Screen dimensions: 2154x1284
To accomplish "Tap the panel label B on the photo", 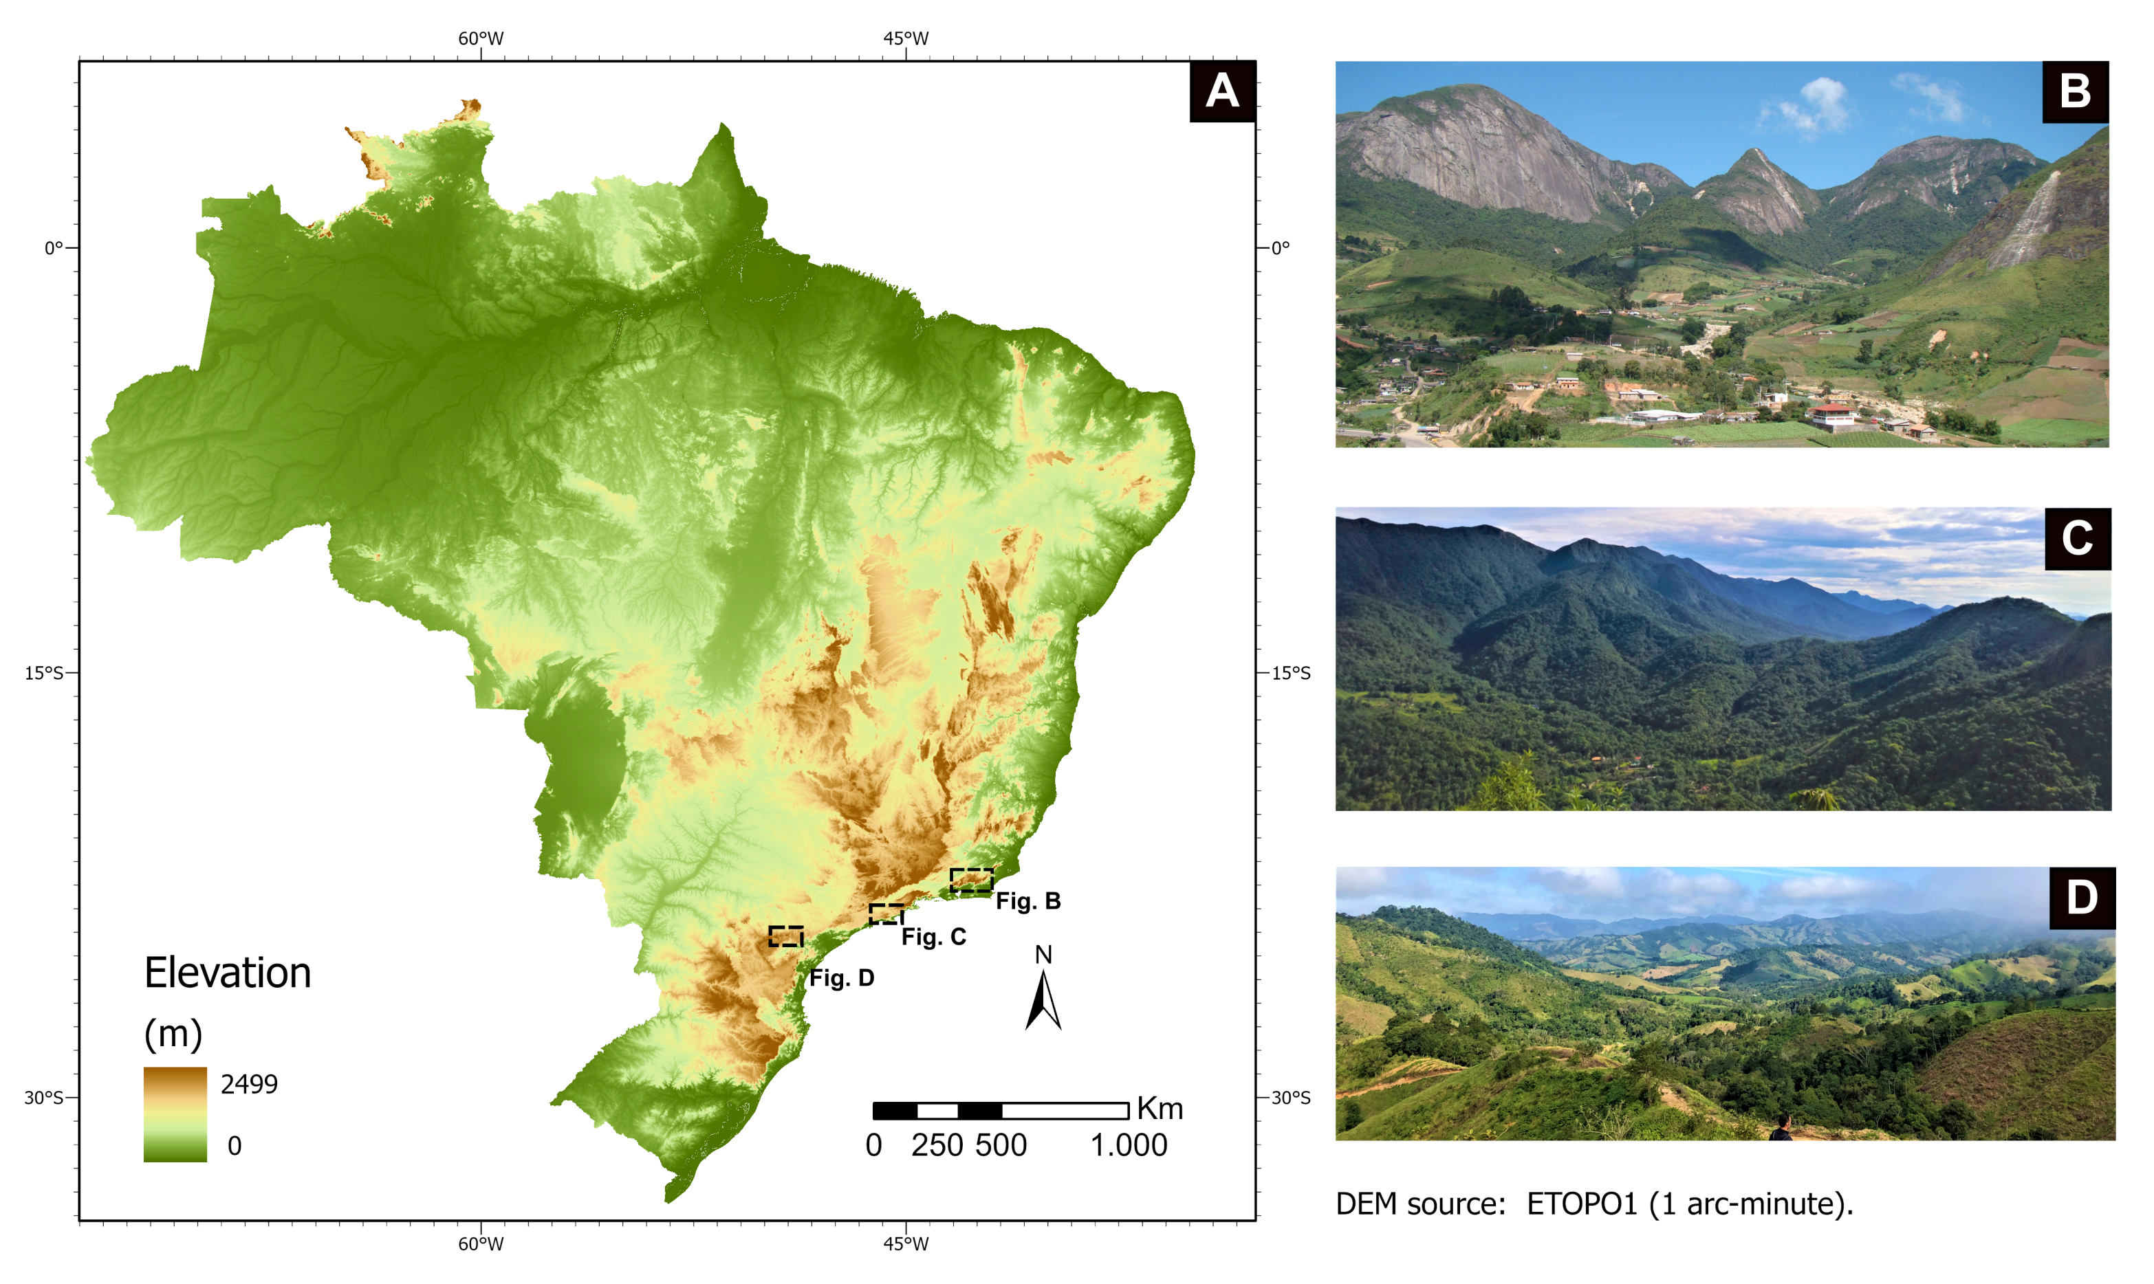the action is coord(2074,91).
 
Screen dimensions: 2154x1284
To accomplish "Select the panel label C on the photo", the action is coord(2076,538).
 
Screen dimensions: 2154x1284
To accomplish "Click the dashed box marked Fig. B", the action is coord(971,880).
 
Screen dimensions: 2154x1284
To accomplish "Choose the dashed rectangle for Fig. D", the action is coord(786,936).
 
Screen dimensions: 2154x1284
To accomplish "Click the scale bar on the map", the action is coord(1001,1110).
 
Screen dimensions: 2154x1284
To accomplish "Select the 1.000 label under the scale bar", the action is coord(1129,1146).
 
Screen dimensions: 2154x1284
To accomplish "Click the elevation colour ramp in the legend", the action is coord(175,1114).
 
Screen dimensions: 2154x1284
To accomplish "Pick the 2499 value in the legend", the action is coord(249,1084).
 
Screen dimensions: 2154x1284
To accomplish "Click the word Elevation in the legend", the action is coord(228,973).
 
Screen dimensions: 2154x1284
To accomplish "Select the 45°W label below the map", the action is coord(905,1244).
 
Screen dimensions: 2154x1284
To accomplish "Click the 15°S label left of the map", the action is coord(43,673).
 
